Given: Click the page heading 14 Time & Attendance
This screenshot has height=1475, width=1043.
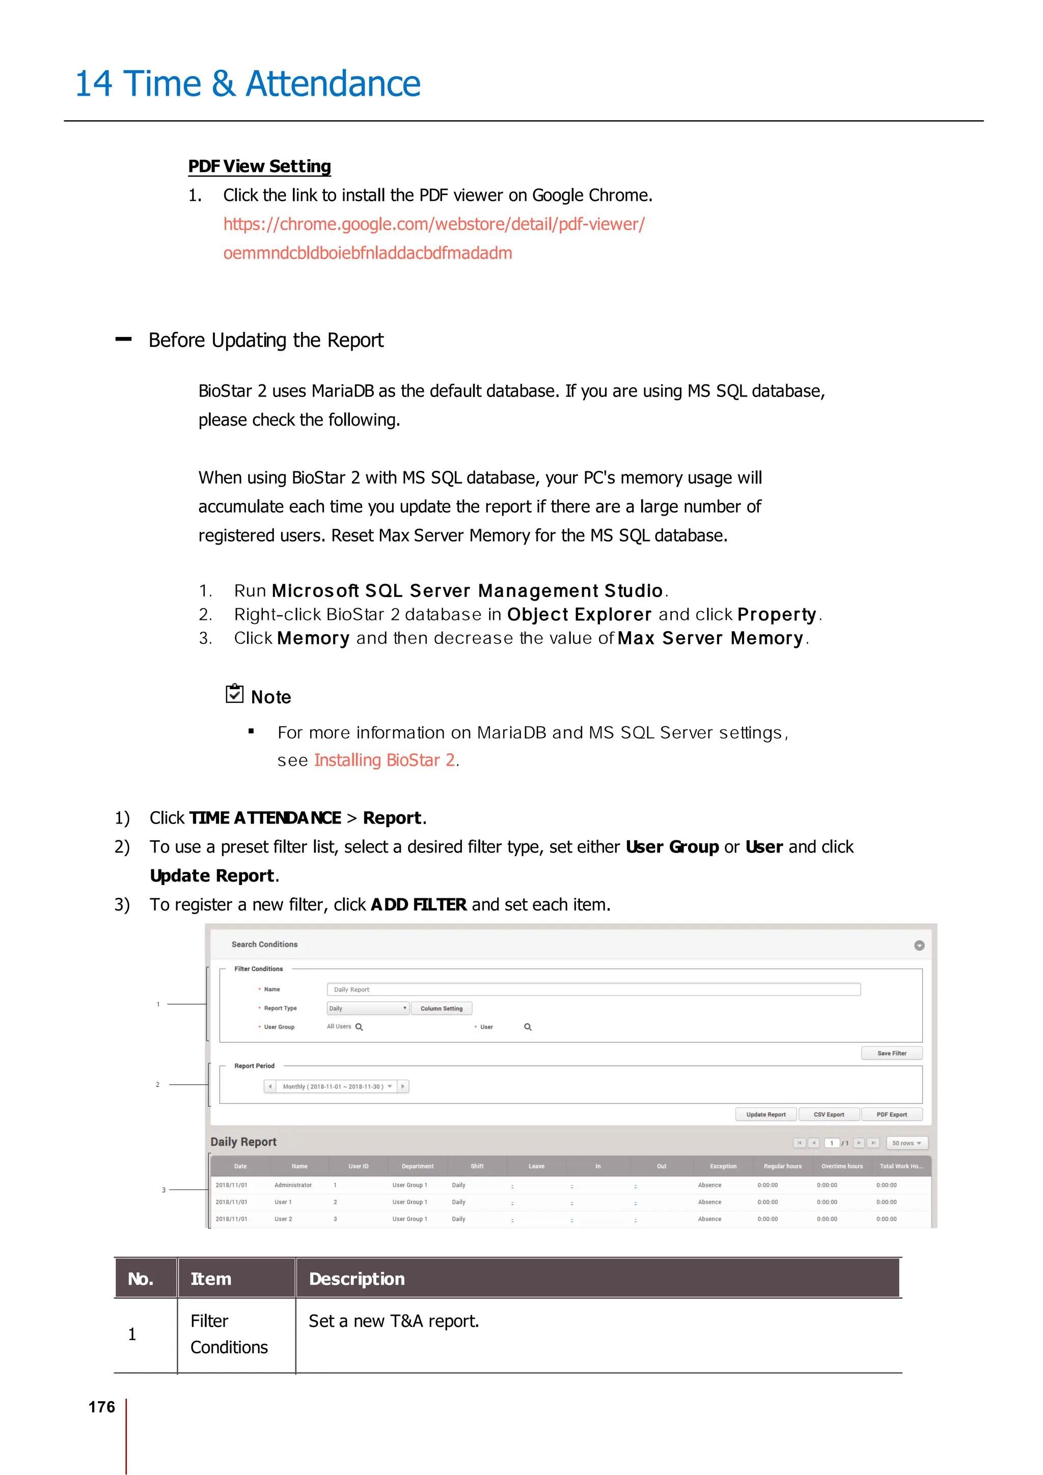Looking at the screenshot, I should click(x=248, y=84).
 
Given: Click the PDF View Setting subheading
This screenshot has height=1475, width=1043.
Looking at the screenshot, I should click(x=259, y=166).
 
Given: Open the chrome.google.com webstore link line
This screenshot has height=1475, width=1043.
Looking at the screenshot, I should click(x=434, y=224).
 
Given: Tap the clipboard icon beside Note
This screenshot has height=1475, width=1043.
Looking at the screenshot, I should click(x=235, y=694).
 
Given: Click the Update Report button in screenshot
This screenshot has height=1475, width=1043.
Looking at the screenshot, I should click(x=765, y=1115).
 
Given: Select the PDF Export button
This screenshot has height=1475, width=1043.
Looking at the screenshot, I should click(x=891, y=1115).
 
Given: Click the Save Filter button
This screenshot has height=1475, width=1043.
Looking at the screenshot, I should click(x=891, y=1053).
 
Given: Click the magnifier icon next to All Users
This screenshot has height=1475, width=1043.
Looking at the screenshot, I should click(x=359, y=1027).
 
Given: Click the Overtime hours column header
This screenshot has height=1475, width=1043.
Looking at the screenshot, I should click(x=842, y=1166).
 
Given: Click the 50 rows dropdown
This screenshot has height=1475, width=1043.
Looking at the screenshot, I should click(x=906, y=1143).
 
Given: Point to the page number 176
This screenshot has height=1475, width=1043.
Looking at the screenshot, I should click(x=101, y=1407).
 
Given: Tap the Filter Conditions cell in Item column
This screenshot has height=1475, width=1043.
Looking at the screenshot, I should click(x=229, y=1335).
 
